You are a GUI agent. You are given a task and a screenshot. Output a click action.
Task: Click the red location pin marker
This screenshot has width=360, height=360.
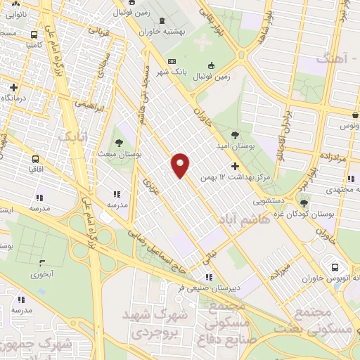(181, 165)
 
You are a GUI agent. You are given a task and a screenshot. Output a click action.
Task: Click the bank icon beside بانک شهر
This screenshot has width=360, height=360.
(172, 62)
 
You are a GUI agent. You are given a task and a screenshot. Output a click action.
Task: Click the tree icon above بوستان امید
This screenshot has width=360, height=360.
(234, 132)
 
